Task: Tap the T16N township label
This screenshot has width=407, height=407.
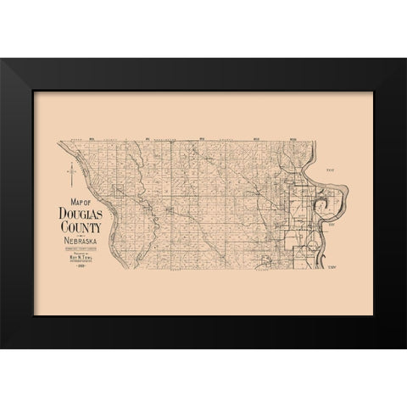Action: pos(333,170)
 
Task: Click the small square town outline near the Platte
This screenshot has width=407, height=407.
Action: pos(170,209)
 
